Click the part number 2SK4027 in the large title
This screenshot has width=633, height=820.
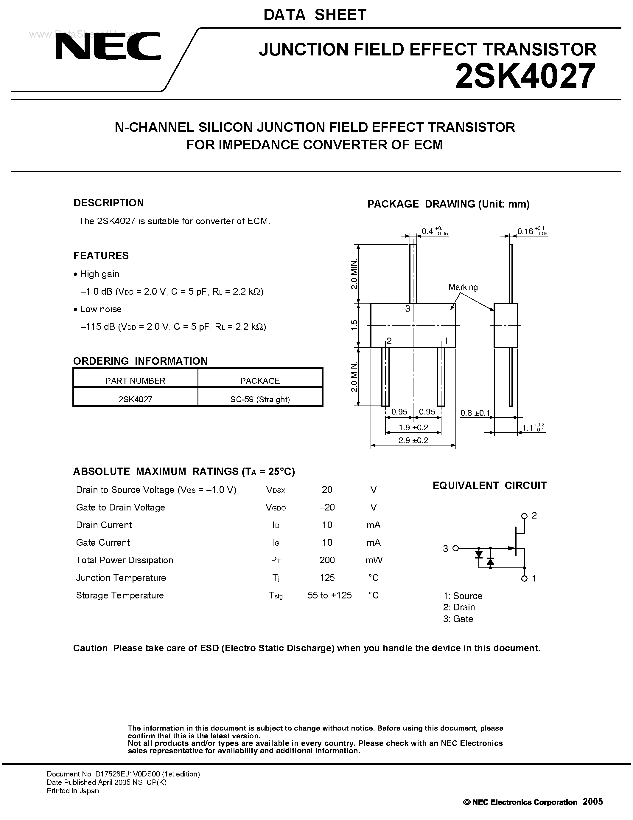click(525, 76)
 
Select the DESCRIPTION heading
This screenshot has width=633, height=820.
click(108, 203)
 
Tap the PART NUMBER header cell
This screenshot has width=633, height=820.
click(135, 381)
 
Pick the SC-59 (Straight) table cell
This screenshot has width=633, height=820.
click(260, 399)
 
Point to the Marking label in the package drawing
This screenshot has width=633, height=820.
click(463, 287)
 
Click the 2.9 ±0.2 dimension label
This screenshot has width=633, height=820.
click(413, 440)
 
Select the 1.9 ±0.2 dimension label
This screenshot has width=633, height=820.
click(413, 427)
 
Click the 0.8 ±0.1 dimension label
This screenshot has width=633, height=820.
click(475, 413)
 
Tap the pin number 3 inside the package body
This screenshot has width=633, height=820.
click(408, 309)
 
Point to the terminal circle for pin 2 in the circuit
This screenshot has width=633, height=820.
click(524, 516)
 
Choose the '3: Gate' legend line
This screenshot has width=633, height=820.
click(458, 619)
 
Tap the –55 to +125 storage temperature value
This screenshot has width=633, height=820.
click(327, 595)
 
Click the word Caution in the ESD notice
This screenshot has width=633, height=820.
click(90, 648)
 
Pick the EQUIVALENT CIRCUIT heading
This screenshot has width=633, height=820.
click(489, 485)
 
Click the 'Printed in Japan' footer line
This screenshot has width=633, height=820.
click(73, 791)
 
